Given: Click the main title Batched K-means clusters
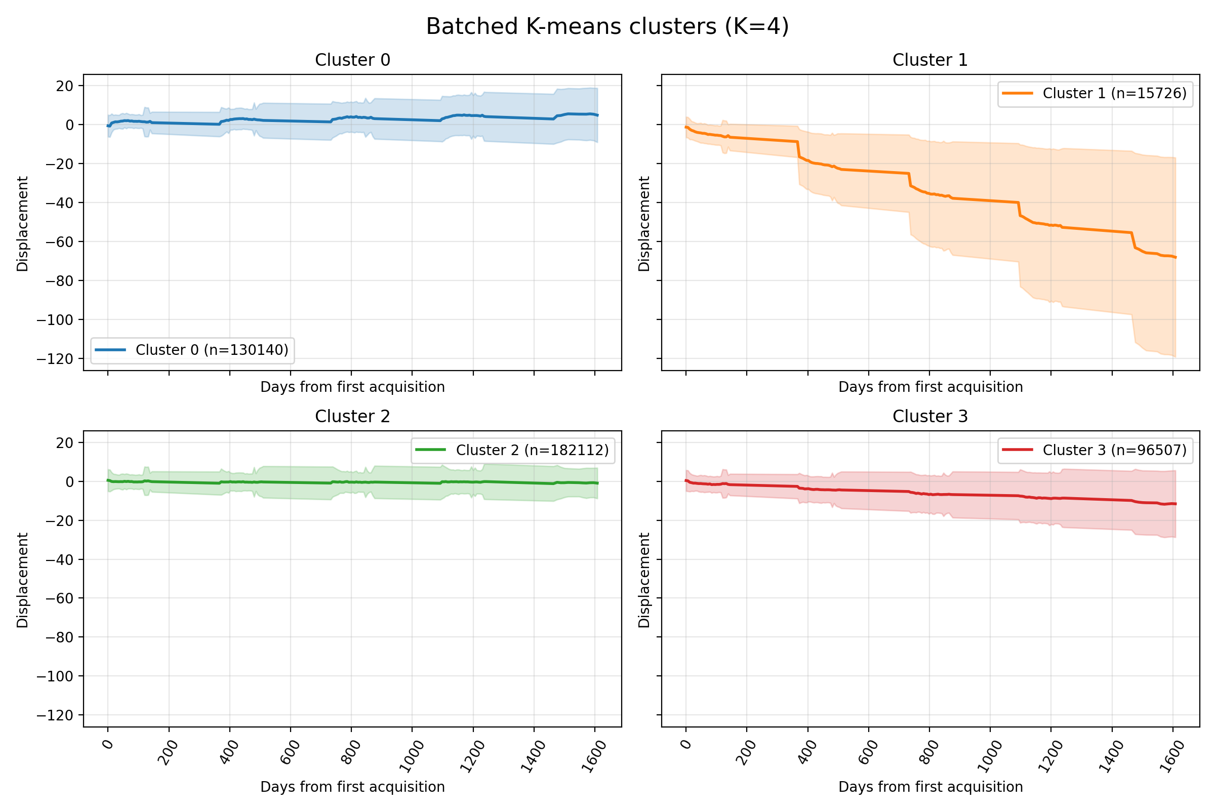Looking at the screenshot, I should (x=607, y=27).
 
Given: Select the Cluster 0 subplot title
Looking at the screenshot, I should (x=352, y=60).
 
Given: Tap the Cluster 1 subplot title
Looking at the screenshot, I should (x=930, y=60).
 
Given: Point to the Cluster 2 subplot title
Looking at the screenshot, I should (x=352, y=416).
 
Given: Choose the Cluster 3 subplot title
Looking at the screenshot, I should (x=930, y=416).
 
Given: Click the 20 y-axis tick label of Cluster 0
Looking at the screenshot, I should (x=65, y=86).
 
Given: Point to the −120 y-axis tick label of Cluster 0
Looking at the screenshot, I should (x=55, y=359).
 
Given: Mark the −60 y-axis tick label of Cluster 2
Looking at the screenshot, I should (x=59, y=599).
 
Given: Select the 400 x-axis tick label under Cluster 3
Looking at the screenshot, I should (x=808, y=752).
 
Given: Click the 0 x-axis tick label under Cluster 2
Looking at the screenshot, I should (x=108, y=744).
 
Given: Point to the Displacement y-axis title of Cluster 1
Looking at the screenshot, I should (x=643, y=223).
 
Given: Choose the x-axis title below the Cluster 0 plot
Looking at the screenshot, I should (x=352, y=387).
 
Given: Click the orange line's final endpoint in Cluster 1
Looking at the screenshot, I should (x=1176, y=257).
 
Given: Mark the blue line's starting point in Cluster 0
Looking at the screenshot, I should (x=107, y=126).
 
